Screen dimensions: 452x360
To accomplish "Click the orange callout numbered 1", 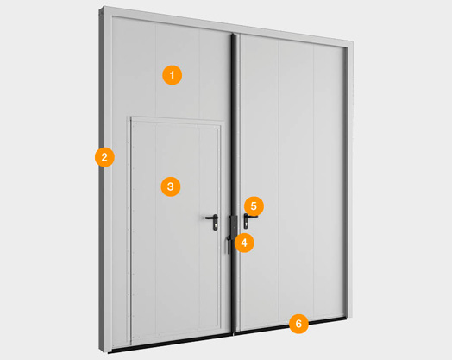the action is click(173, 75).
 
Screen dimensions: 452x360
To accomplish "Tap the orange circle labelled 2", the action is click(104, 157).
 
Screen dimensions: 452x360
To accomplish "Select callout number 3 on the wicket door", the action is click(171, 186).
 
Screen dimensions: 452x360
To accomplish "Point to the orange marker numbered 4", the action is click(244, 243).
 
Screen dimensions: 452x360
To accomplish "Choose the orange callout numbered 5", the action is click(254, 206).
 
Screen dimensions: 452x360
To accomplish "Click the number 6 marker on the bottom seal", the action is click(298, 324).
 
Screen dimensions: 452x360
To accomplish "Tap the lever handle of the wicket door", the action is click(211, 218).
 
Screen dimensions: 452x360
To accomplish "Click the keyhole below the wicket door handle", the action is click(216, 225).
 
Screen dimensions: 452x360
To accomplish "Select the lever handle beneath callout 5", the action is click(250, 217).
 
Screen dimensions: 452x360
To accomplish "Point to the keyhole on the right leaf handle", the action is click(247, 224).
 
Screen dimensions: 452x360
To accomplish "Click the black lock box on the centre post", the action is click(233, 224).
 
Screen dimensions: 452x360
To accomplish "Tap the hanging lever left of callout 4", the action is click(229, 244).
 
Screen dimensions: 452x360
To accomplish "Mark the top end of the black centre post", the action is click(234, 35).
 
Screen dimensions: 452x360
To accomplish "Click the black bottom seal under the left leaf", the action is click(170, 344).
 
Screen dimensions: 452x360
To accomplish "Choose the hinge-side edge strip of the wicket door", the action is click(129, 231).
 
